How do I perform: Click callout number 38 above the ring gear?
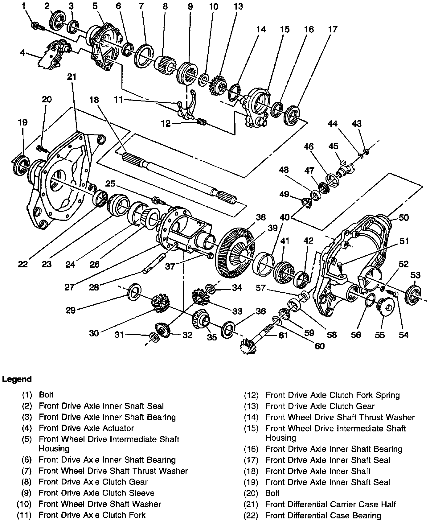tap(260, 217)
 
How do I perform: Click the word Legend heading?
tap(17, 379)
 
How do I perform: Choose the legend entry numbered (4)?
tap(78, 428)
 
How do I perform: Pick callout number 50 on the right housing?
tap(403, 217)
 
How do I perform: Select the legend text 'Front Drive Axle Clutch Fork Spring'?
tap(333, 395)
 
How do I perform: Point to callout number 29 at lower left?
tap(71, 310)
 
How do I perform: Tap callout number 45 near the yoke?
tap(333, 146)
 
